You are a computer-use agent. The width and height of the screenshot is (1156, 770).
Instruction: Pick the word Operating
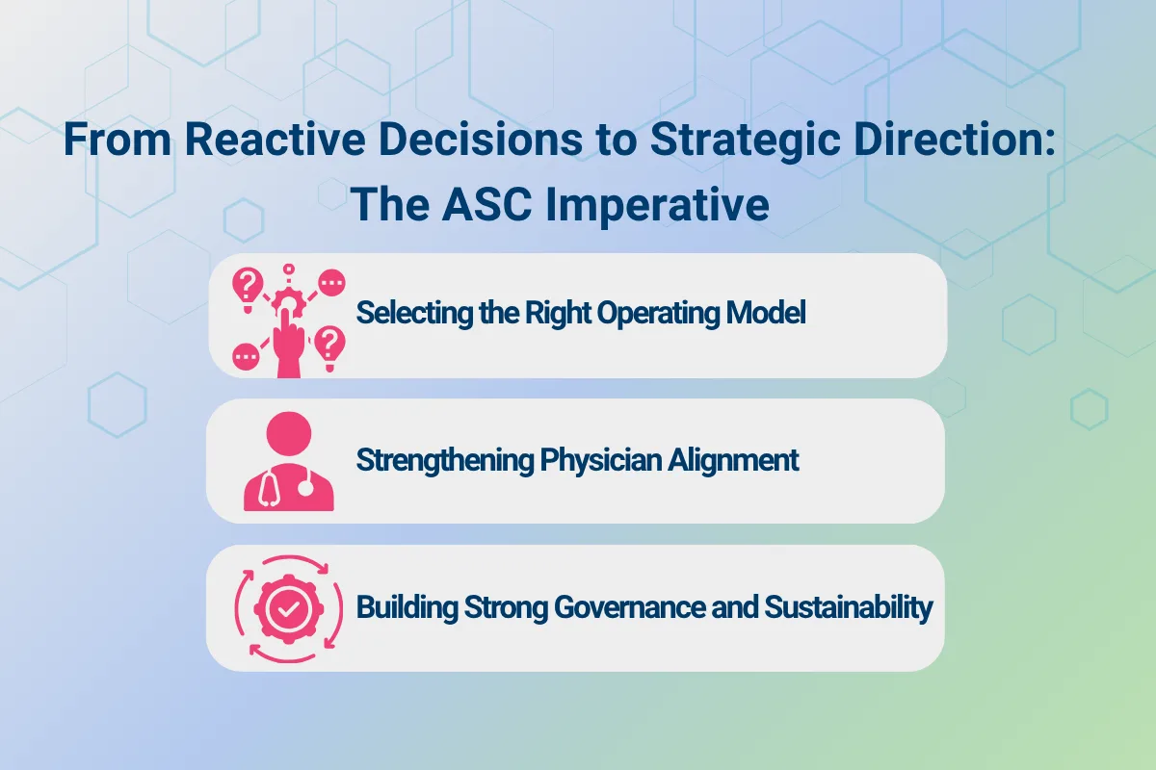652,314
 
